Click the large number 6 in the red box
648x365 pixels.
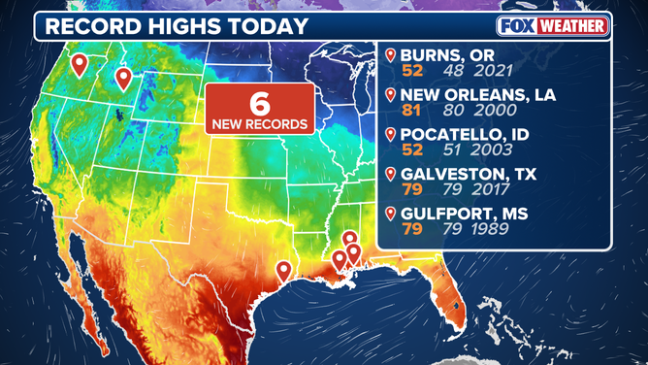(260, 104)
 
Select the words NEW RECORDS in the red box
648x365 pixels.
(260, 124)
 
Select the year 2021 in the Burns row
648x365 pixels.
(484, 72)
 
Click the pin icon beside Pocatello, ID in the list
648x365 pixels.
(391, 135)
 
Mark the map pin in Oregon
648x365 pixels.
(80, 64)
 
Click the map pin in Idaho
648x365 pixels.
(123, 78)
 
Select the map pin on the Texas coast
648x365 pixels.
(283, 270)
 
